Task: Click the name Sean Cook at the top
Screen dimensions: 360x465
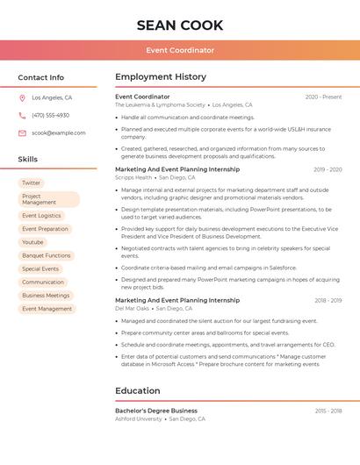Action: click(x=179, y=25)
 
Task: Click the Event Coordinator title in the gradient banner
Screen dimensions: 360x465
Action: click(x=179, y=50)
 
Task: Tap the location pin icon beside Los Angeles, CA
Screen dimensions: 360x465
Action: click(x=22, y=98)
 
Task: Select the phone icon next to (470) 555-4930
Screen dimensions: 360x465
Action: click(x=22, y=115)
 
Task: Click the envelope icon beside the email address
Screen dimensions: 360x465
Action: click(x=22, y=133)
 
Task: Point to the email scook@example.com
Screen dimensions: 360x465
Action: click(x=59, y=133)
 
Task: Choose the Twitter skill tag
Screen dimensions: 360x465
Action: click(x=32, y=183)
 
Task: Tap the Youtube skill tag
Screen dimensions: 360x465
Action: click(x=32, y=242)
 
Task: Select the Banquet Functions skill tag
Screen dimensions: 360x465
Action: click(x=46, y=255)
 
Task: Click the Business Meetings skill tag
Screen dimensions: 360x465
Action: click(x=46, y=296)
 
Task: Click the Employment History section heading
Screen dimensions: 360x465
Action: click(x=161, y=77)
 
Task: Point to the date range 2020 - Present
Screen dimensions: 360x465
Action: click(x=323, y=97)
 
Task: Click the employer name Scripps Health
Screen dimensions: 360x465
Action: click(x=133, y=177)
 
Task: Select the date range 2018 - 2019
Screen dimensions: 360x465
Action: click(x=328, y=300)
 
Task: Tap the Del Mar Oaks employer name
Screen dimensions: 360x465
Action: click(x=132, y=308)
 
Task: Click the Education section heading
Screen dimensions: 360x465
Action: click(x=138, y=391)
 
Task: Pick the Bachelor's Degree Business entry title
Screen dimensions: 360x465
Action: click(x=156, y=411)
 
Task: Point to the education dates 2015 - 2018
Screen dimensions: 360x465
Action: click(x=328, y=411)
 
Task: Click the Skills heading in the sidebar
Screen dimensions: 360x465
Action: click(x=28, y=160)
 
